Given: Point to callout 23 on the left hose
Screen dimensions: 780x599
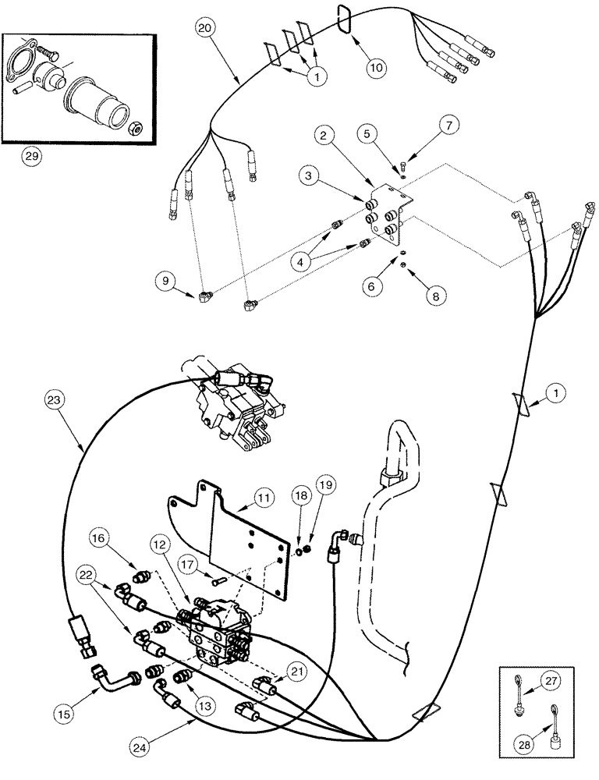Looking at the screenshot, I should pos(53,400).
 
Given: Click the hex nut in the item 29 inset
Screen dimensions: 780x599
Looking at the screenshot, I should pos(137,129).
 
